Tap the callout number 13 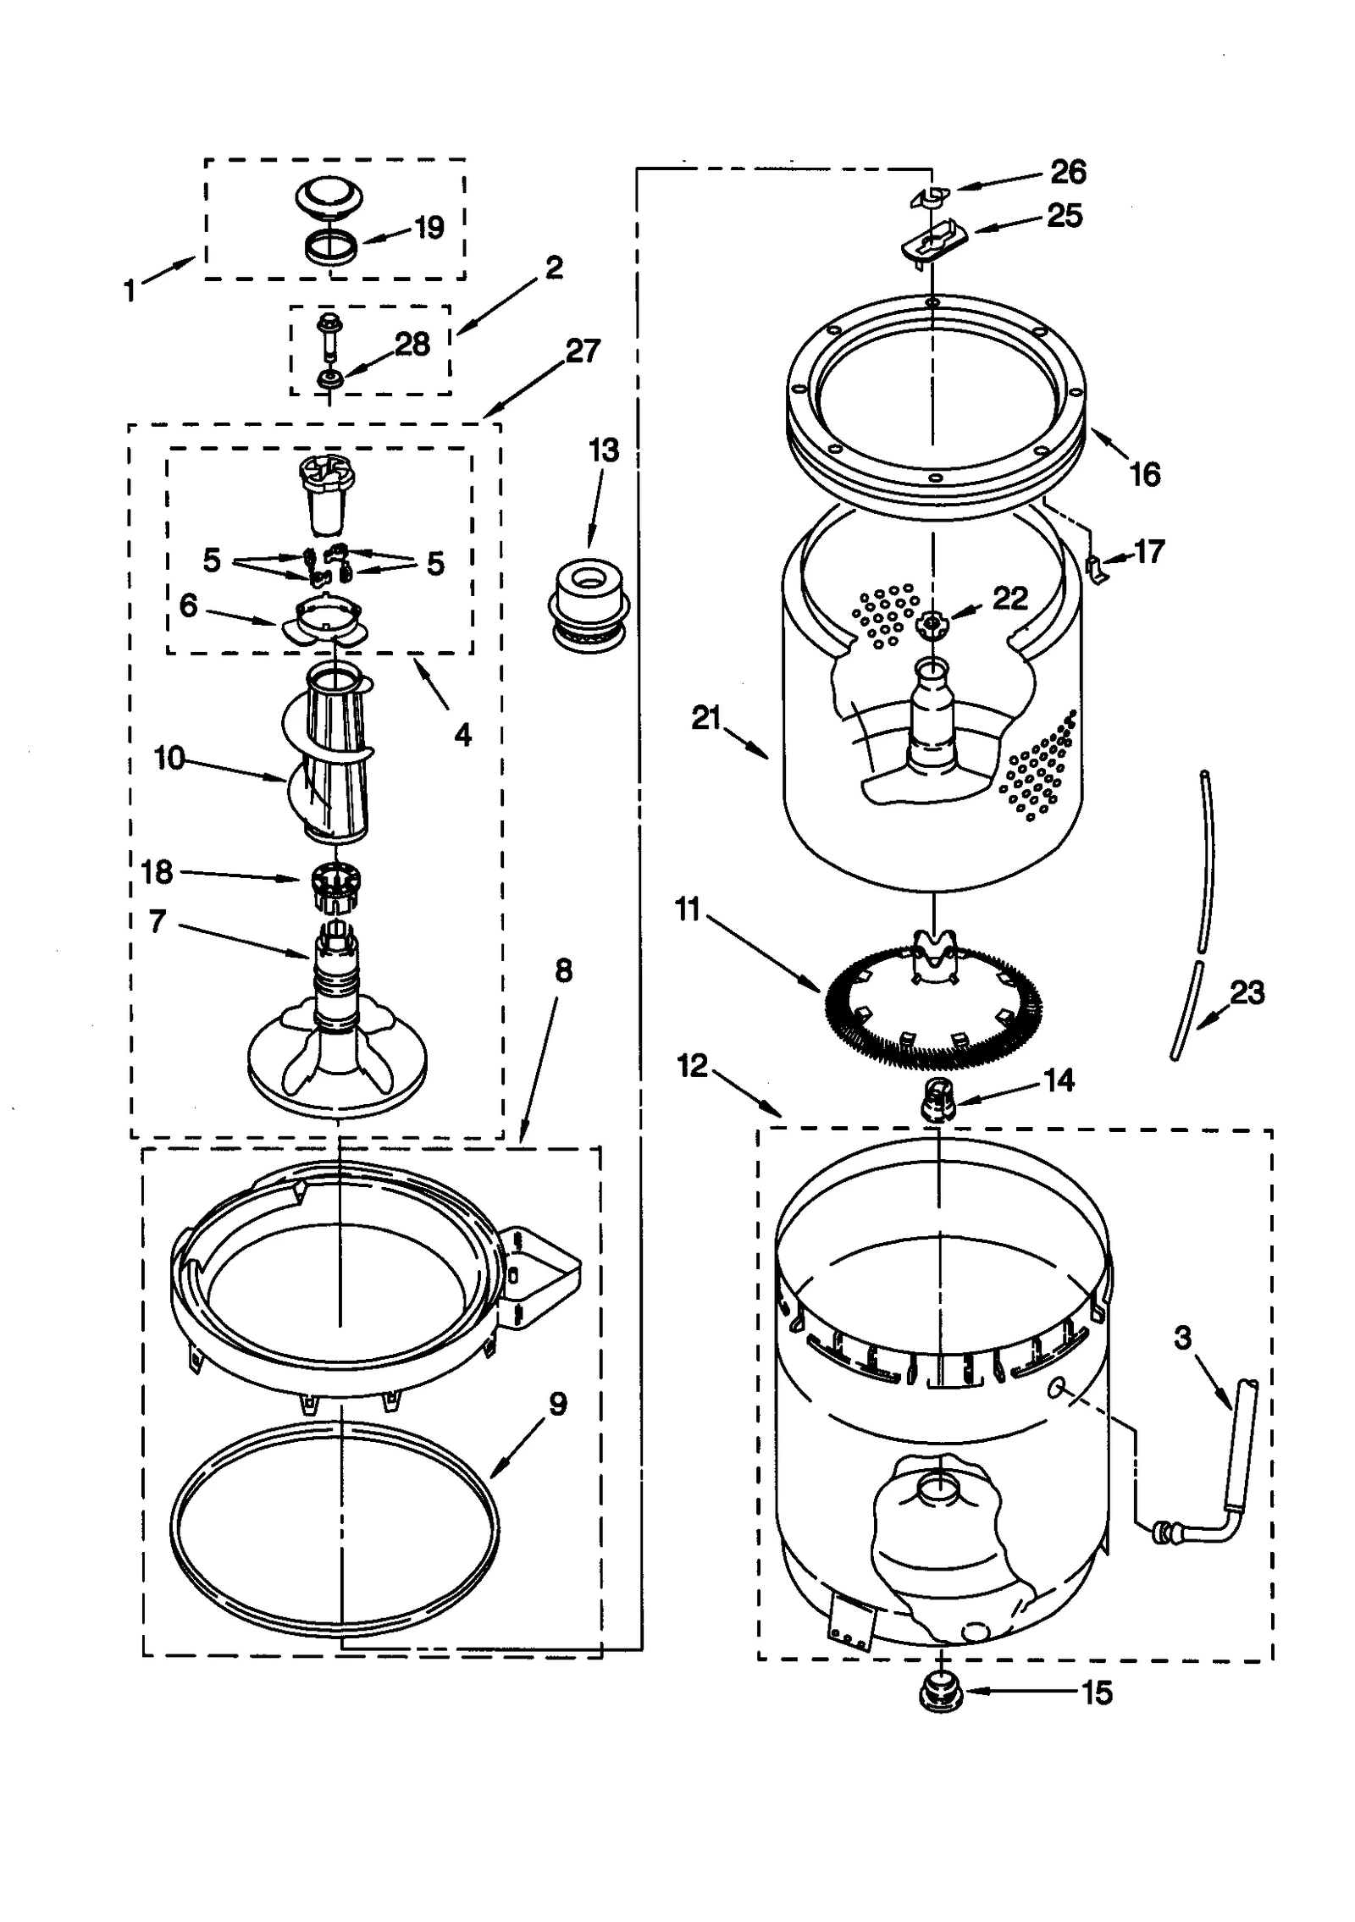[x=604, y=450]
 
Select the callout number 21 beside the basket [x=705, y=718]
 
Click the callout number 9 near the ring [x=557, y=1404]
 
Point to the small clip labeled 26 [x=929, y=196]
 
